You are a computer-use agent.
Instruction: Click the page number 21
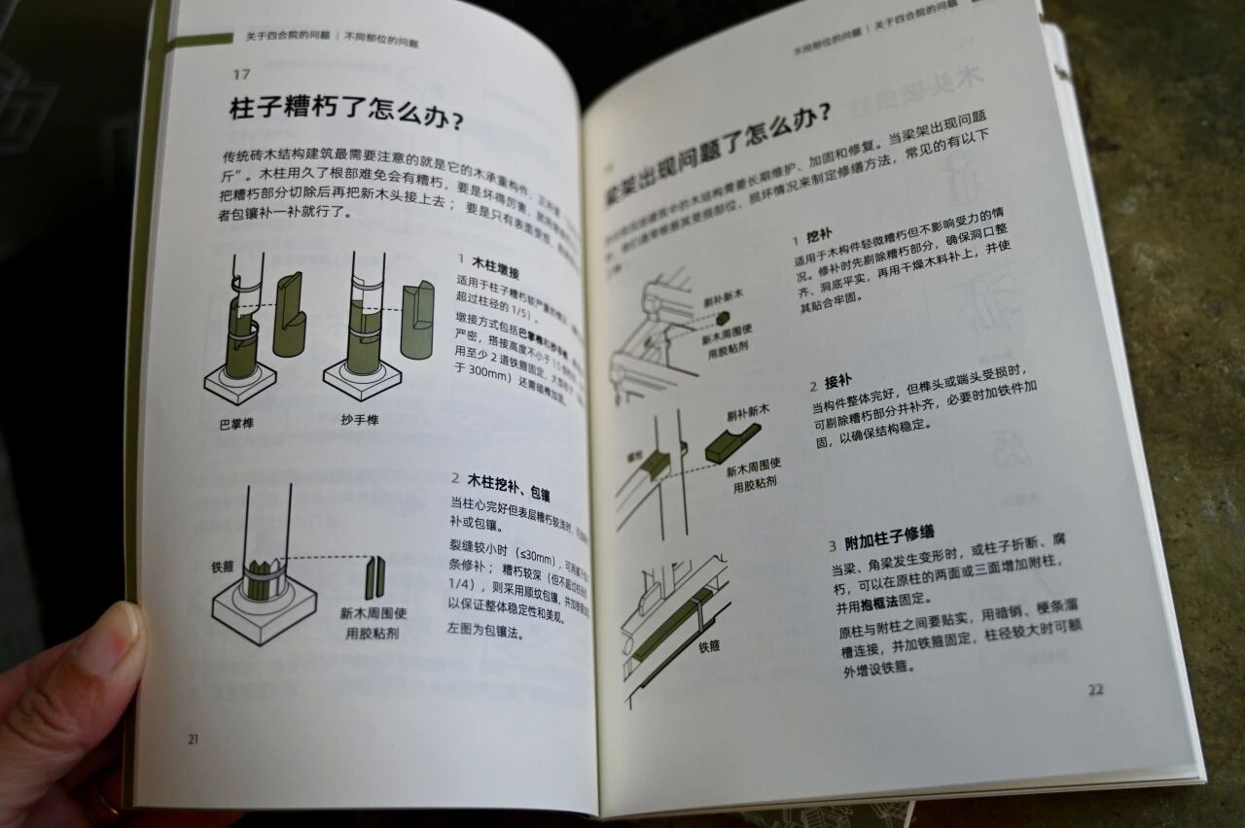[x=193, y=740]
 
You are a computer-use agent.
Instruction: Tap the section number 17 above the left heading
[x=241, y=74]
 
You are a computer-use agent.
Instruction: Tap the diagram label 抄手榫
[x=360, y=420]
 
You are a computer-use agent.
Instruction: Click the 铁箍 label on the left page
[x=224, y=566]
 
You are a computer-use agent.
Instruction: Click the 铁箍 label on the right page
[x=708, y=644]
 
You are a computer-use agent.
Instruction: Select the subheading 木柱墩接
[x=495, y=262]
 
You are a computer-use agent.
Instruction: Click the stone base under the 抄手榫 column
[x=362, y=379]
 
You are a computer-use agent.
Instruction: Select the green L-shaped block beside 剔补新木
[x=732, y=442]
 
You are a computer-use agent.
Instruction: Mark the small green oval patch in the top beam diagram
[x=723, y=318]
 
